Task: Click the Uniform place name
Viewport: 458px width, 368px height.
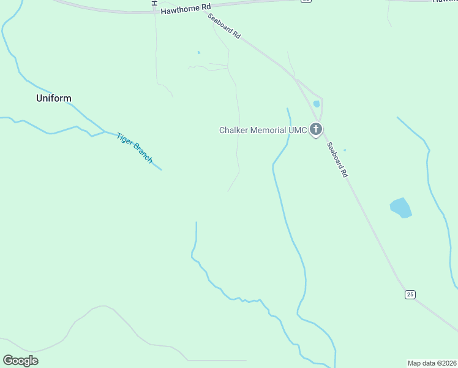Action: click(54, 98)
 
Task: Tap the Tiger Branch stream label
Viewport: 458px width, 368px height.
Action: click(134, 147)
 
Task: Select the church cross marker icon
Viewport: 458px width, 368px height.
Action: click(315, 129)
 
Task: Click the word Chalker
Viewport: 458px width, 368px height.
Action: click(235, 130)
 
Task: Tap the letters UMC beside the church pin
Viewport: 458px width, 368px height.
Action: click(298, 130)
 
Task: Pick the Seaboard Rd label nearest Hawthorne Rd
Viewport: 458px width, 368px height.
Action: click(223, 27)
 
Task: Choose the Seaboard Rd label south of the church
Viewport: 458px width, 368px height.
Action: click(337, 160)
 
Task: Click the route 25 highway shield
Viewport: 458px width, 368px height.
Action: click(410, 295)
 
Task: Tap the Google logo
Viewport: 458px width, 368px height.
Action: click(20, 361)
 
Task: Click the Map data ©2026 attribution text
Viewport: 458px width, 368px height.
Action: click(432, 363)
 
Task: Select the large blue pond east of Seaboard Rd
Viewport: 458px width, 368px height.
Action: click(400, 208)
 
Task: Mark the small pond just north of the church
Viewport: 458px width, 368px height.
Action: click(317, 104)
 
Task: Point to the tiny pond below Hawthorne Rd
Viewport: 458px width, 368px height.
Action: click(198, 53)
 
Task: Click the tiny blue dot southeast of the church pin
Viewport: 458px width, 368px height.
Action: click(345, 150)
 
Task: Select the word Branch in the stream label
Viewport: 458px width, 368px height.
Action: click(143, 155)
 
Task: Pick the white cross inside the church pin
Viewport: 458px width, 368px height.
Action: click(315, 129)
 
